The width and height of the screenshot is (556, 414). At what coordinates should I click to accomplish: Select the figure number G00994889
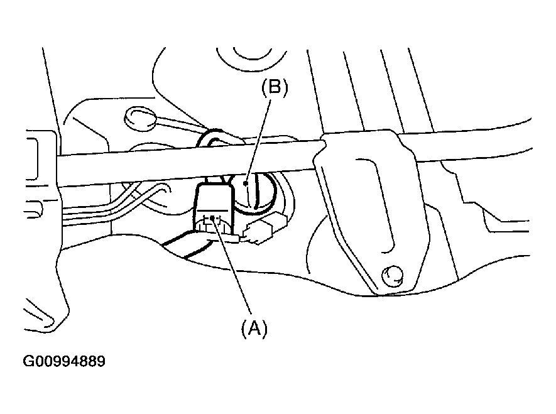pyautogui.click(x=64, y=362)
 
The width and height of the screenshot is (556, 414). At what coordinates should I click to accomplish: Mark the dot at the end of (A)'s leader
pyautogui.click(x=214, y=219)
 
